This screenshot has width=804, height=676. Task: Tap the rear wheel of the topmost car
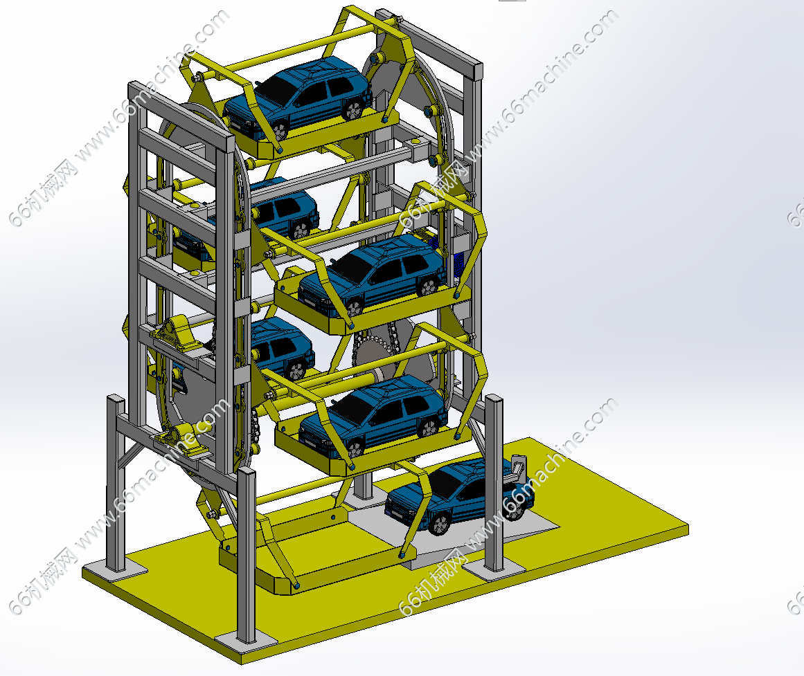click(x=352, y=109)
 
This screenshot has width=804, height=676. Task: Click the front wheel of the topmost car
click(x=280, y=129)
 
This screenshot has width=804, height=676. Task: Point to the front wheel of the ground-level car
click(x=440, y=524)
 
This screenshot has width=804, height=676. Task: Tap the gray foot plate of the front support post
click(x=245, y=639)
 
